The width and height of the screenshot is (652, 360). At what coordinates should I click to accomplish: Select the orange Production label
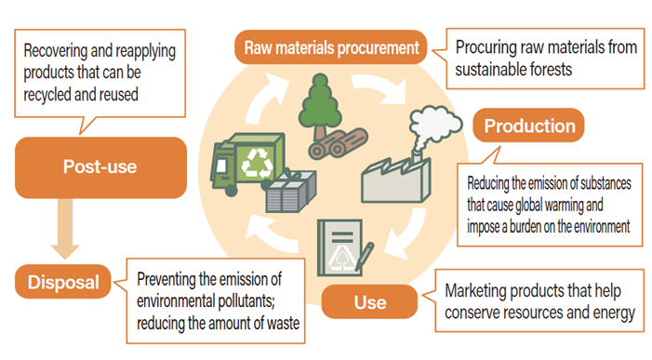coord(529,126)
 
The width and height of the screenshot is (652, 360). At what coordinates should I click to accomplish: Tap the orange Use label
coord(369,302)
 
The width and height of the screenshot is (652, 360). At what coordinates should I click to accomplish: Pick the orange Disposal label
coord(62,280)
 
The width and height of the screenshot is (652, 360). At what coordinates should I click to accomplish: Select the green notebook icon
coord(342,247)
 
